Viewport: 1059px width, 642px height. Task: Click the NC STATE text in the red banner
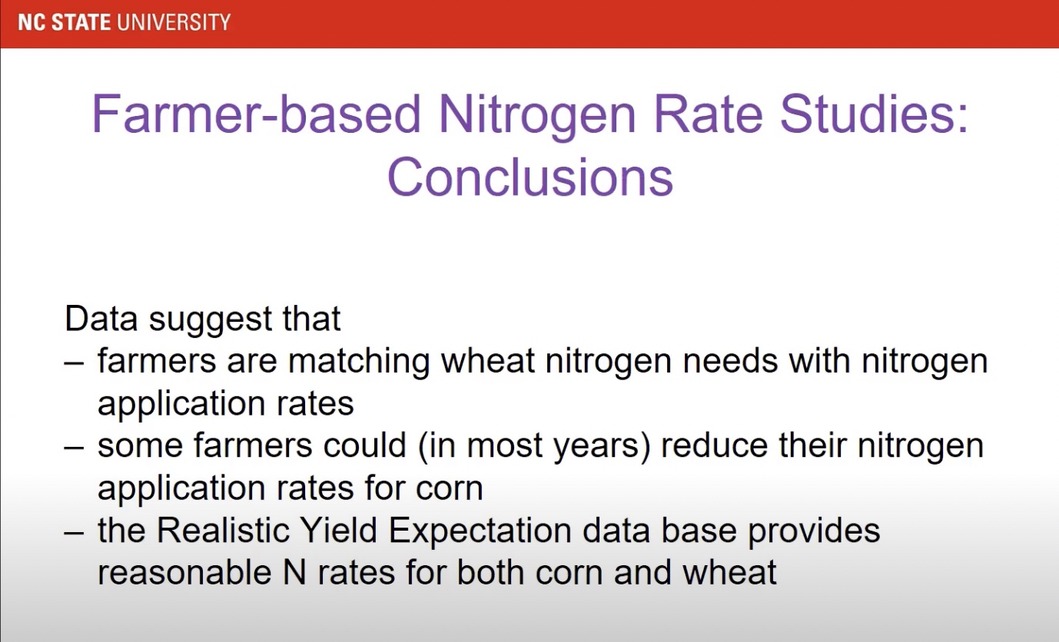[x=71, y=22]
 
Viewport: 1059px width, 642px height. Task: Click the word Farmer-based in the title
[x=256, y=114]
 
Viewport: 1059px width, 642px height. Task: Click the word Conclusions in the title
[x=530, y=177]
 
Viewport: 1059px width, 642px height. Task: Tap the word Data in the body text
[x=101, y=319]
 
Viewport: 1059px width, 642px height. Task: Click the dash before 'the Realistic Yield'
[x=75, y=532]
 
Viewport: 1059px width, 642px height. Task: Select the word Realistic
[x=223, y=530]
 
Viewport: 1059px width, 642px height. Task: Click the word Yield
[x=338, y=530]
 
